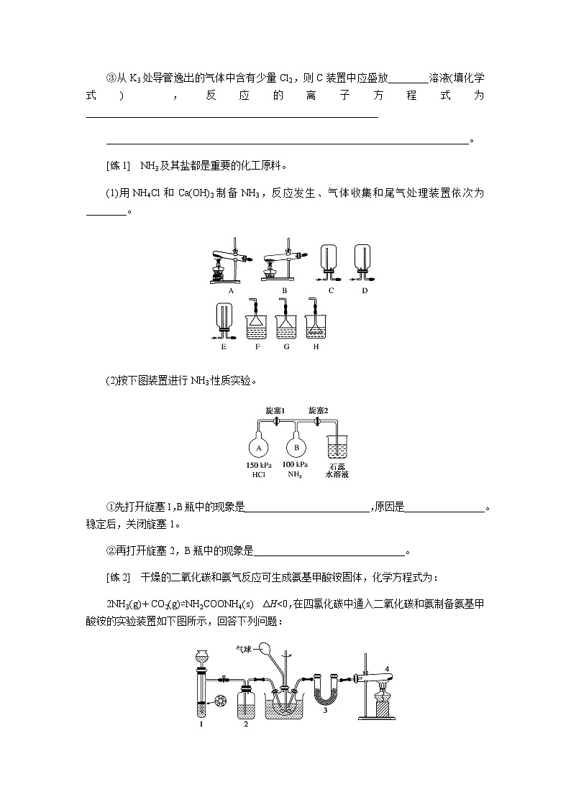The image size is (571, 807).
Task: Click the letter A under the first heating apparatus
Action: coord(232,291)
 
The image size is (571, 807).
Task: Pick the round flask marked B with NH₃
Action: coord(295,448)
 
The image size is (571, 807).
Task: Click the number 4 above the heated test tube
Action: coord(388,670)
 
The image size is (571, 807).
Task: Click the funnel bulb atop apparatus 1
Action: coord(202,655)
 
